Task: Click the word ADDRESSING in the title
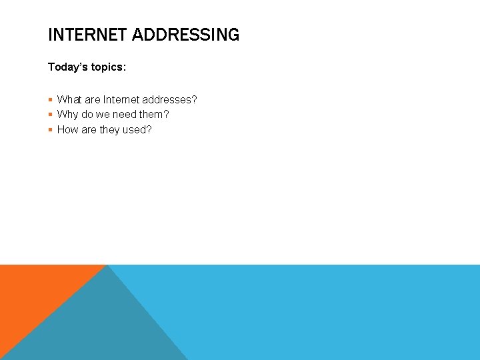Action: [185, 35]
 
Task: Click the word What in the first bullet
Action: [69, 100]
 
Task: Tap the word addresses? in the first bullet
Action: [169, 100]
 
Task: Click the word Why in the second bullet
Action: [67, 115]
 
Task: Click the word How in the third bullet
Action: [67, 130]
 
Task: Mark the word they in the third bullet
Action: [109, 130]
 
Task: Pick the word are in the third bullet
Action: [89, 130]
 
